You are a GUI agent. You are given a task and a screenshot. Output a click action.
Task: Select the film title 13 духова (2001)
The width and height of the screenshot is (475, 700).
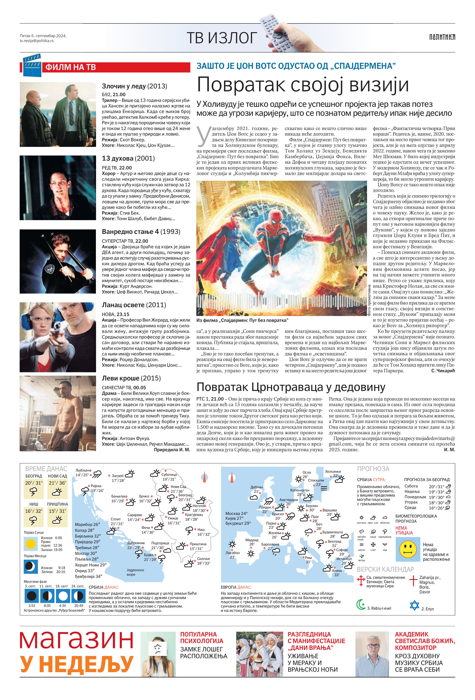click(128, 158)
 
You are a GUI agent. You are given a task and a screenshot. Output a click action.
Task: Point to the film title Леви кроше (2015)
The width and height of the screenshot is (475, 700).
click(131, 378)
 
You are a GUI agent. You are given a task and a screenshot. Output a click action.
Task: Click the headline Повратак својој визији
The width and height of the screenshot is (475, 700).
click(303, 85)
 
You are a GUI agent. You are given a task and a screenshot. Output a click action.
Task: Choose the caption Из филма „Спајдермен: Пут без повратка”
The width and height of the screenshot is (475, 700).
click(242, 320)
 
